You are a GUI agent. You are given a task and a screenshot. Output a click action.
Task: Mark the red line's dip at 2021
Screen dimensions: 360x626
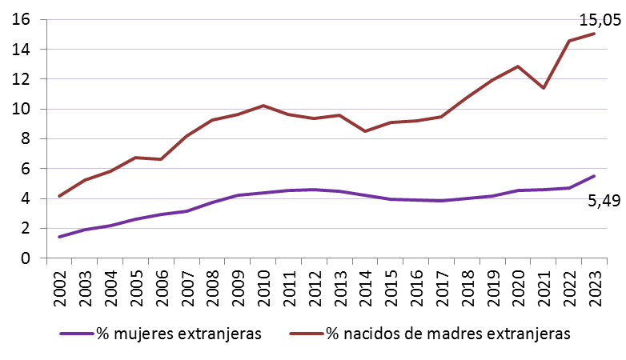(543, 88)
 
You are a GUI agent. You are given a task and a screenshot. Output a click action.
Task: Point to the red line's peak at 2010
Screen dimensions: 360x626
(264, 106)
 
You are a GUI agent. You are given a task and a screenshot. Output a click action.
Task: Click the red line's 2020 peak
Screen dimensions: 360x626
(518, 66)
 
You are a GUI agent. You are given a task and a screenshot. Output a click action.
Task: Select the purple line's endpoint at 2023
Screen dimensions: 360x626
(593, 176)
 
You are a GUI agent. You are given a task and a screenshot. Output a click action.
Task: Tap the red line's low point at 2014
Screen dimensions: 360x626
(365, 131)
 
